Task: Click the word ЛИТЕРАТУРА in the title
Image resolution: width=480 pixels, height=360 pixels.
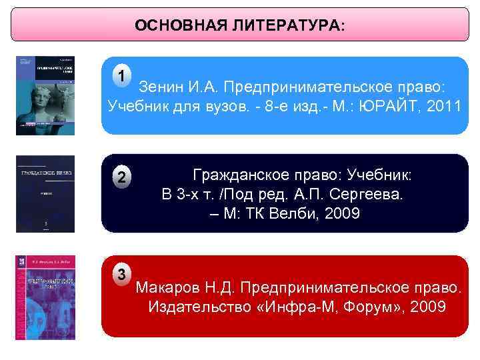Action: point(290,26)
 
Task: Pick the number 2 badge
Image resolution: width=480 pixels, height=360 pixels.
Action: point(121,177)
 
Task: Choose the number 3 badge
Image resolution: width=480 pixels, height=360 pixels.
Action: point(121,273)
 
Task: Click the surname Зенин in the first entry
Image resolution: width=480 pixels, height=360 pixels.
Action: point(159,88)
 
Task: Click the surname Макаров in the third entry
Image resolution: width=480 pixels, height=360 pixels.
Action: point(165,288)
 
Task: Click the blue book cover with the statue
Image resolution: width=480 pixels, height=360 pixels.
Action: point(45,95)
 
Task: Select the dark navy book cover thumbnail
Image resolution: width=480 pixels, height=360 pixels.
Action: point(45,194)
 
